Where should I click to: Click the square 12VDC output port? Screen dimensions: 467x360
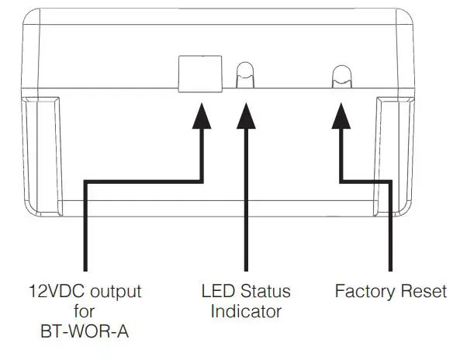pyautogui.click(x=200, y=74)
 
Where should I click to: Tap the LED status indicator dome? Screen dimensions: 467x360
pyautogui.click(x=245, y=74)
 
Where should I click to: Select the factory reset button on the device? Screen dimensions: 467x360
pyautogui.click(x=341, y=77)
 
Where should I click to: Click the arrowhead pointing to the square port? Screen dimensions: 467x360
pyautogui.click(x=202, y=116)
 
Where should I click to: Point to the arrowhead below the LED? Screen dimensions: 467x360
pyautogui.click(x=246, y=116)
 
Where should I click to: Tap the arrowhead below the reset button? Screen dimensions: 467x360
pyautogui.click(x=341, y=116)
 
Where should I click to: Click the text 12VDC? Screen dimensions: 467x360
pyautogui.click(x=57, y=291)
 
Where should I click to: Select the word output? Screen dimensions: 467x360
pyautogui.click(x=116, y=292)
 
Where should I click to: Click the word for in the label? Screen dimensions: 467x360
pyautogui.click(x=85, y=311)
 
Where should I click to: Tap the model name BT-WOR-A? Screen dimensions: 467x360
pyautogui.click(x=85, y=331)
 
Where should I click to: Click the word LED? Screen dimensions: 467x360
pyautogui.click(x=218, y=291)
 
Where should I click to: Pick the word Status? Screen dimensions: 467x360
pyautogui.click(x=265, y=291)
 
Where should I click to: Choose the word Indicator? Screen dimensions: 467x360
pyautogui.click(x=246, y=311)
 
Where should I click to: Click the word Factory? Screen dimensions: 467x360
pyautogui.click(x=365, y=291)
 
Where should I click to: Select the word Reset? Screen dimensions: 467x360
pyautogui.click(x=424, y=291)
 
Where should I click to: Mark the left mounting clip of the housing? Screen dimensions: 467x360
pyautogui.click(x=42, y=156)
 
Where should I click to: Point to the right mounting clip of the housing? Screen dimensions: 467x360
pyautogui.click(x=394, y=156)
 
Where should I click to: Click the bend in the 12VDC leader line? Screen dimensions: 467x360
pyautogui.click(x=85, y=182)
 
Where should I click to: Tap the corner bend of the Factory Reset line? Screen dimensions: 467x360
pyautogui.click(x=390, y=182)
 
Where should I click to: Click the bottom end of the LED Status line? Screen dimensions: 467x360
pyautogui.click(x=246, y=270)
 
